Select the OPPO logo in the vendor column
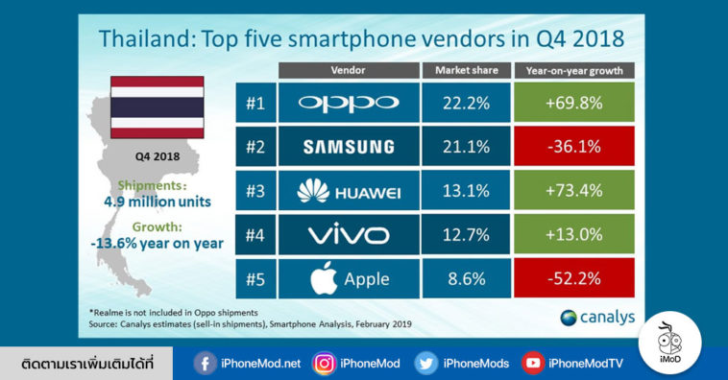pyautogui.click(x=348, y=103)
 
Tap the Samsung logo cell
pyautogui.click(x=348, y=147)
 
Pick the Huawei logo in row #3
pyautogui.click(x=348, y=192)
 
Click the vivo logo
pyautogui.click(x=348, y=236)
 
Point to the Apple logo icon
pyautogui.click(x=324, y=279)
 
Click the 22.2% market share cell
pyautogui.click(x=466, y=103)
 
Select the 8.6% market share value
pyautogui.click(x=466, y=280)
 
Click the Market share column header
pyautogui.click(x=466, y=71)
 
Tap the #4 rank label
pyautogui.click(x=255, y=236)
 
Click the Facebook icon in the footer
pyautogui.click(x=205, y=363)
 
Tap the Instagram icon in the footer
pyautogui.click(x=321, y=363)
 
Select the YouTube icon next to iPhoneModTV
pyautogui.click(x=531, y=363)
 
